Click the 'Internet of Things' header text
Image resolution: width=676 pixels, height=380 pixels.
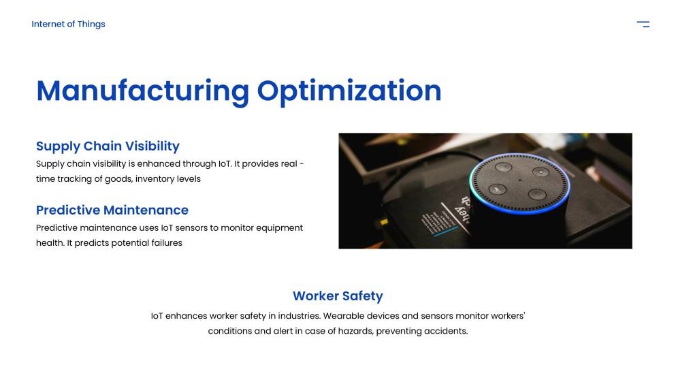68,25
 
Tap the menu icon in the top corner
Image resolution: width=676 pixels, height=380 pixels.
643,25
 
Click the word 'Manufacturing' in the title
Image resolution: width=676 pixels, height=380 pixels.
142,91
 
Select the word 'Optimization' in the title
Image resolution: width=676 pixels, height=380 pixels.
349,91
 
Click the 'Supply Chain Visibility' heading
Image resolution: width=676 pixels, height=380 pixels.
108,146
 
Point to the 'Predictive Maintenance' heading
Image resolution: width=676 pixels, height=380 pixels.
112,210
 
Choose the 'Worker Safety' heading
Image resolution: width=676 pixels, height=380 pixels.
338,296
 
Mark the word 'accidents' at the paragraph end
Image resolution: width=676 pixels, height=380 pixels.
447,331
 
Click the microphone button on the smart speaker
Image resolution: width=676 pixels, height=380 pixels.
497,189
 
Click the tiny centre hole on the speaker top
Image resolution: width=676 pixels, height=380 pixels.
519,180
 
